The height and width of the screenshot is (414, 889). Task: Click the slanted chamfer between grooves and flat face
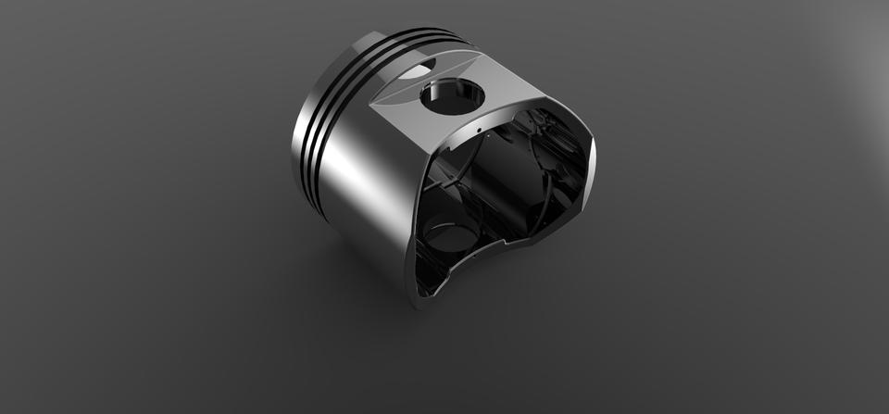click(389, 85)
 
